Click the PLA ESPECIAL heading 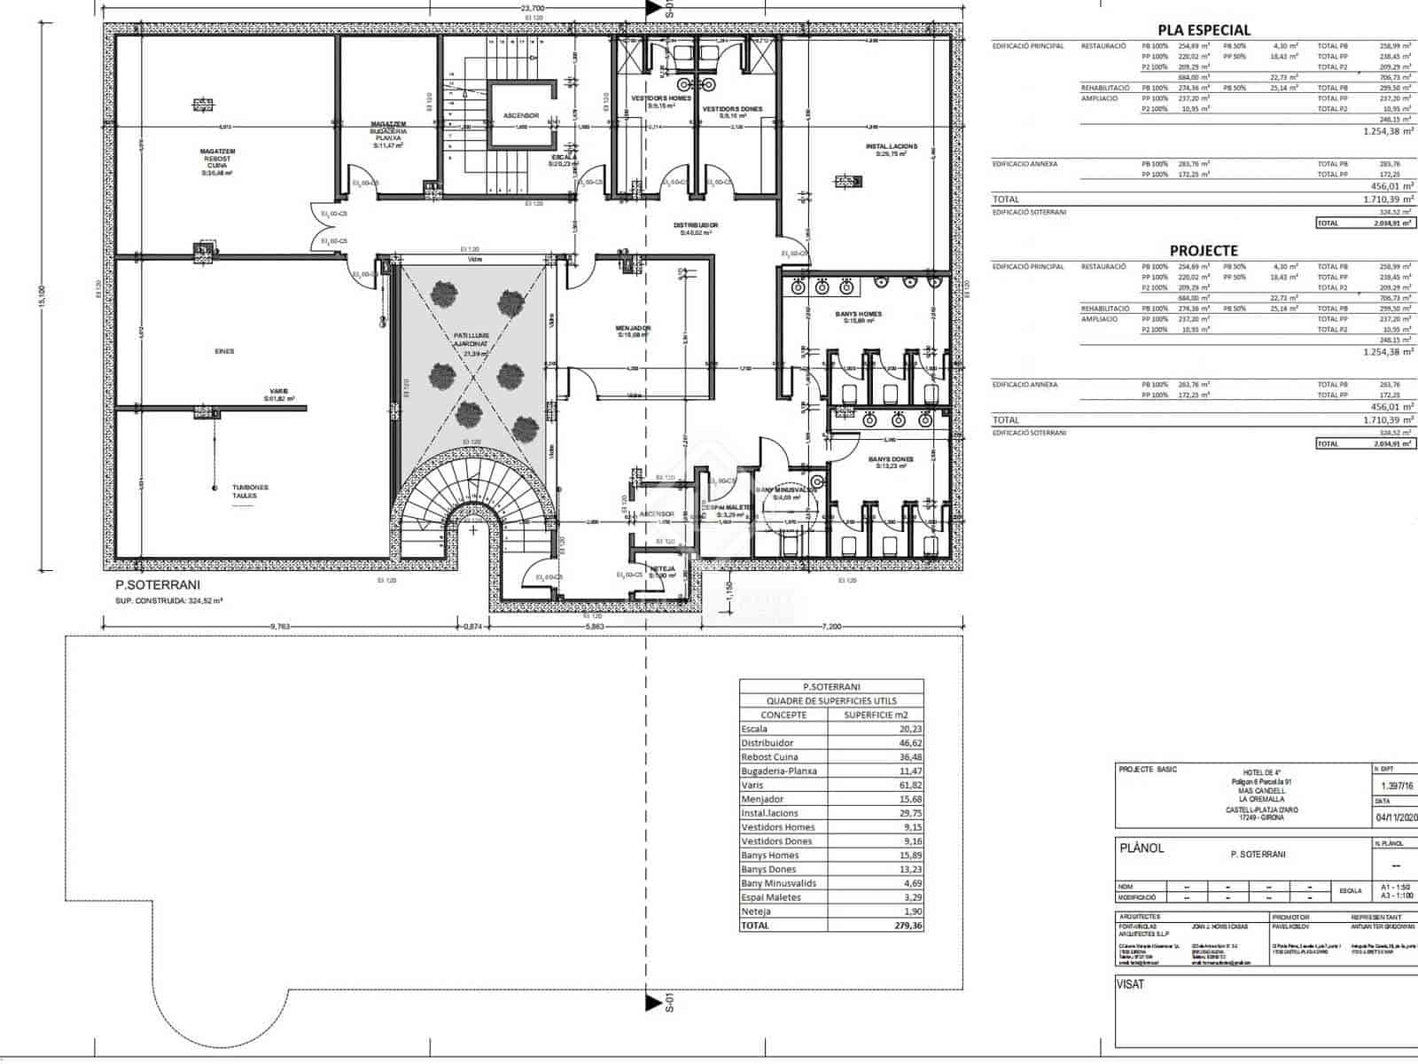pos(1204,29)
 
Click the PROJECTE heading pos(1204,250)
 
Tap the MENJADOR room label pos(634,328)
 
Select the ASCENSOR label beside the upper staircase pos(521,115)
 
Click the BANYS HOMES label pos(858,314)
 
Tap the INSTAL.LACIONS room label pos(891,146)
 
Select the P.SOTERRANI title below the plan pos(158,584)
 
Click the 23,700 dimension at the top pos(533,8)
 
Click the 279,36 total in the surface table pos(908,925)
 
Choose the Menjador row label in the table pos(763,799)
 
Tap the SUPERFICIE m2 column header pos(876,715)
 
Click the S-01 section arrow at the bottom pos(656,1003)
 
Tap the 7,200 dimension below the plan pos(830,626)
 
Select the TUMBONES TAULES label pos(251,491)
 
